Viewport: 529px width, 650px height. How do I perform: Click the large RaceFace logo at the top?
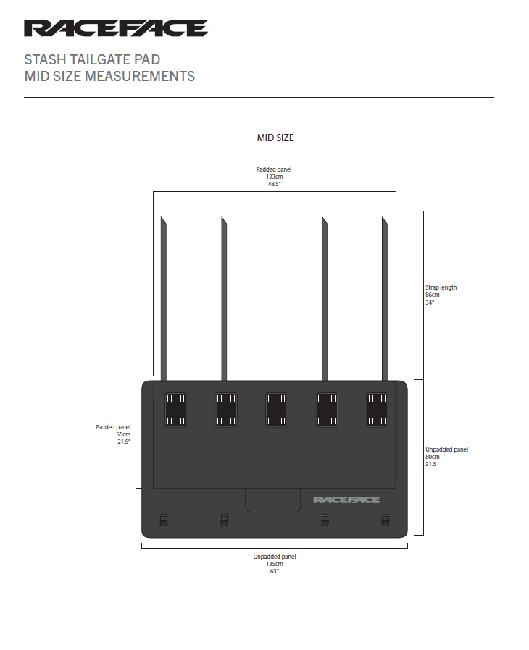coord(116,28)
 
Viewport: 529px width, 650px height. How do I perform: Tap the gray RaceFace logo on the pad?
coord(346,500)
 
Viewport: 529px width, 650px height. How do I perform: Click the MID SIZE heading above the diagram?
coord(275,138)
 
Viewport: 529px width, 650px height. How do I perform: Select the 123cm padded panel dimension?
coord(274,177)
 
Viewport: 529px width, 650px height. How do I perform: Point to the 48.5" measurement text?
coord(274,184)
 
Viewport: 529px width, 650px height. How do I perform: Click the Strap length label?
coord(441,287)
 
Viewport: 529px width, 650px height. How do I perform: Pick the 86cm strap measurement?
coord(433,295)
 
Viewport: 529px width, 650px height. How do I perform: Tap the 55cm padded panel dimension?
coord(123,434)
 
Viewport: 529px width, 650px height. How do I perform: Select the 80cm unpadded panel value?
coord(433,457)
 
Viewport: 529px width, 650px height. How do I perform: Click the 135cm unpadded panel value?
coord(274,564)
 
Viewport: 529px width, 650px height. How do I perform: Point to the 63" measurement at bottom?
coord(274,571)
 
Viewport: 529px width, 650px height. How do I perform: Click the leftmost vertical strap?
coord(164,298)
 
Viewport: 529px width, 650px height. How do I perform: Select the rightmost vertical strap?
coord(385,298)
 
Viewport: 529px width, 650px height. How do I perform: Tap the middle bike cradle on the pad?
coord(276,410)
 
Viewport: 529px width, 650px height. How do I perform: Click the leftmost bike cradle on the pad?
coord(175,410)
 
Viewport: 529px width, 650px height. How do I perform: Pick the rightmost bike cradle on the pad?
coord(377,410)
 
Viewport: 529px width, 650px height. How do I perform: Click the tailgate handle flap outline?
coord(273,512)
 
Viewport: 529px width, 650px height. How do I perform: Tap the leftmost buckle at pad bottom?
coord(164,520)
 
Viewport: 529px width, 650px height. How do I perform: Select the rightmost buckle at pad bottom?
coord(386,520)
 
